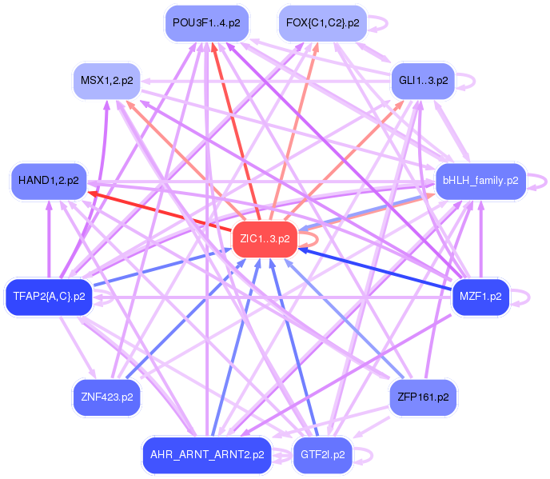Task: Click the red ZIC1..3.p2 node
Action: pyautogui.click(x=265, y=239)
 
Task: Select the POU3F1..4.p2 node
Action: pyautogui.click(x=205, y=23)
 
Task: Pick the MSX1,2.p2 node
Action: pyautogui.click(x=106, y=81)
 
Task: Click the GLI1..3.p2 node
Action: pyautogui.click(x=422, y=81)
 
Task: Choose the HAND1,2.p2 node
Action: pyautogui.click(x=48, y=182)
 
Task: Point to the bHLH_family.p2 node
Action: pyautogui.click(x=480, y=182)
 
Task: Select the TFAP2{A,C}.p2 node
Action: pyautogui.click(x=49, y=297)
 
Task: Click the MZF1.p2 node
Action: pyautogui.click(x=480, y=297)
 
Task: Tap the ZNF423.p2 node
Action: pyautogui.click(x=106, y=397)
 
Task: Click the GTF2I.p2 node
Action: pyautogui.click(x=323, y=455)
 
